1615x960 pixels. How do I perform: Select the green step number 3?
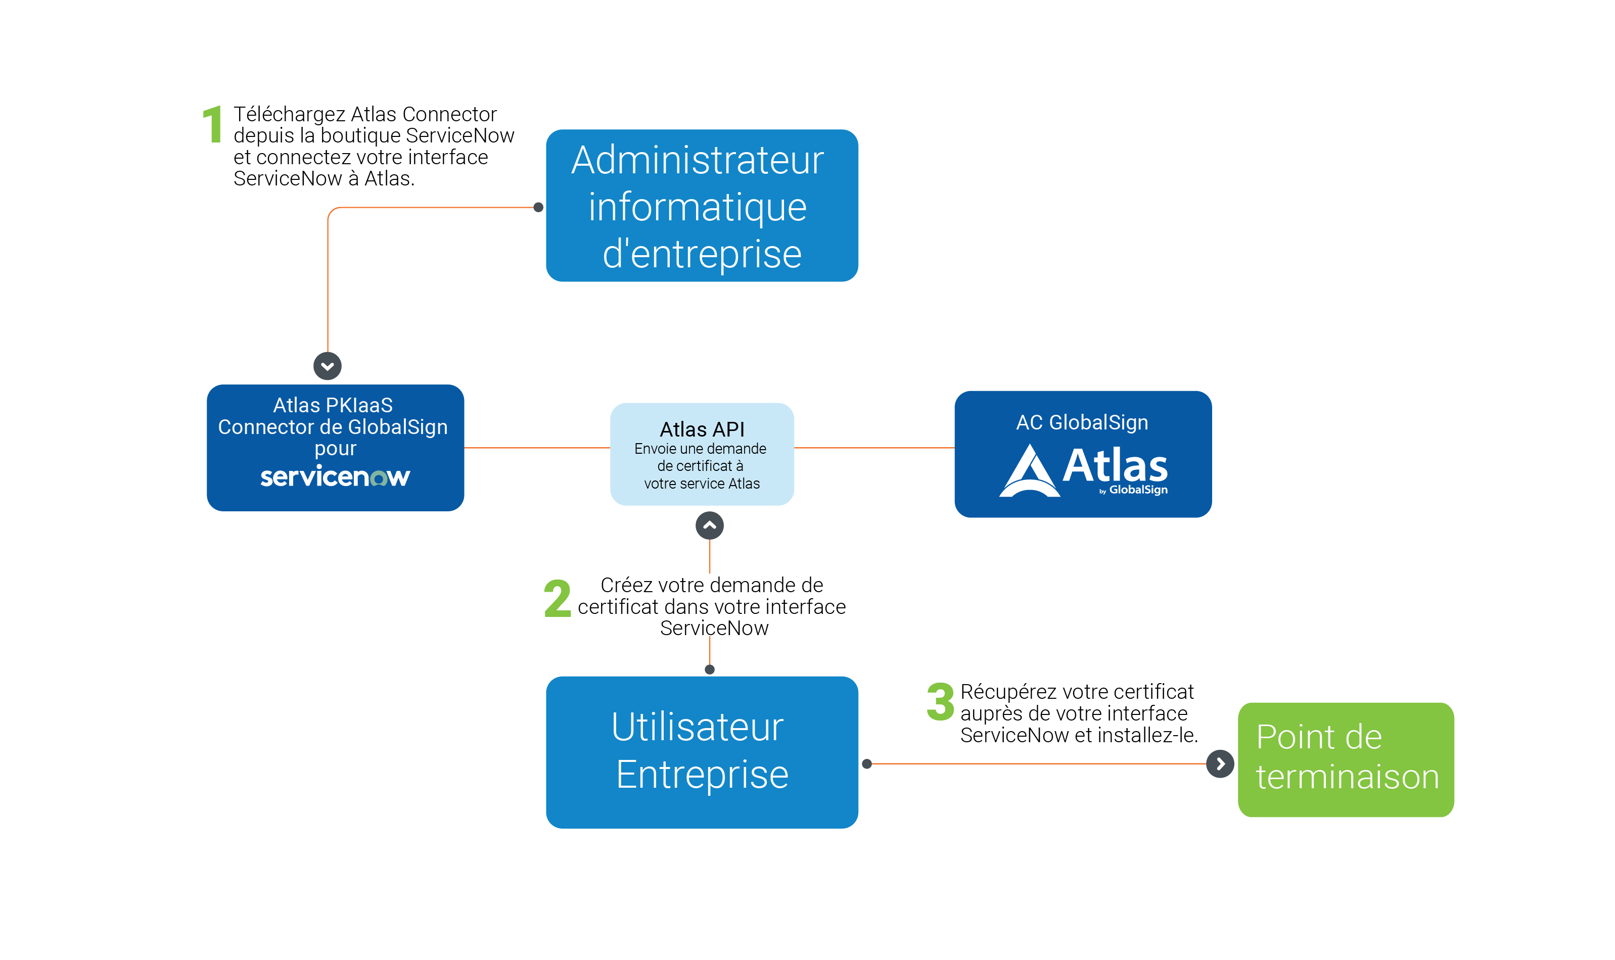(x=940, y=701)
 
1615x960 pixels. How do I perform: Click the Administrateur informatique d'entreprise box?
(x=702, y=206)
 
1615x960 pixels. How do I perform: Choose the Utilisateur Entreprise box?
(x=702, y=752)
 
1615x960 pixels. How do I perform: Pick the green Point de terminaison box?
(x=1345, y=759)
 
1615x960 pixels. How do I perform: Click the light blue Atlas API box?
(x=702, y=454)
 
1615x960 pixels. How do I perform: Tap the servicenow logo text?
(x=335, y=477)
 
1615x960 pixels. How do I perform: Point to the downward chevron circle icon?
(x=328, y=366)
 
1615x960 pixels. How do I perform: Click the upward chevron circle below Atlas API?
(x=709, y=525)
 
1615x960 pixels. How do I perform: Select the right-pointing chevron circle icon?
(x=1220, y=764)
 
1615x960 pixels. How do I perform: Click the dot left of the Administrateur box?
(x=538, y=208)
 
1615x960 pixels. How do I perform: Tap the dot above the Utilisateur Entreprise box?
(x=709, y=669)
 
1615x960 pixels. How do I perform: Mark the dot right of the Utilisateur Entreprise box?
(x=867, y=764)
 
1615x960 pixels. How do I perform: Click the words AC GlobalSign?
(x=1082, y=422)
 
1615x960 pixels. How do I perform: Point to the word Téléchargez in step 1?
(x=290, y=115)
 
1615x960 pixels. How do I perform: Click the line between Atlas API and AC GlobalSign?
(x=873, y=448)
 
